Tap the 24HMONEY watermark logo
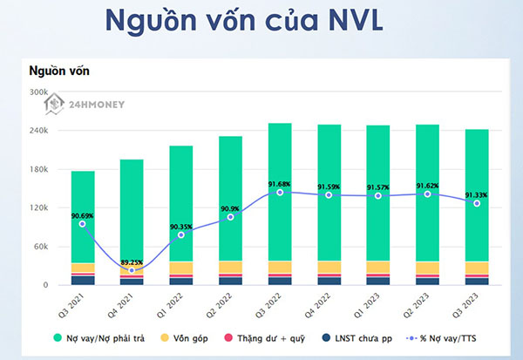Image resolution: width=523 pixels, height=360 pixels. [84, 106]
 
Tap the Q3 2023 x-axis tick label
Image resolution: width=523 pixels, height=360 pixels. [473, 304]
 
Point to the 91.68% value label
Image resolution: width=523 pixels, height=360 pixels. [280, 183]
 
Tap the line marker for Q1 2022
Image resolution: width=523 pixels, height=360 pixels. [181, 235]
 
